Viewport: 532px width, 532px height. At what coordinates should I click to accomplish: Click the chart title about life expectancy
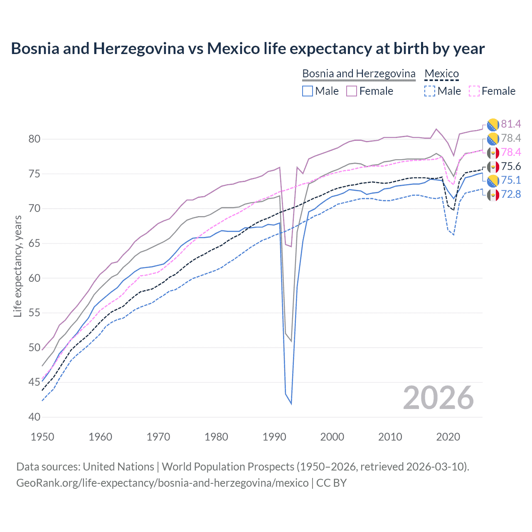(248, 49)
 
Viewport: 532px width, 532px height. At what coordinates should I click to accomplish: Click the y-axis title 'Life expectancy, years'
(17, 266)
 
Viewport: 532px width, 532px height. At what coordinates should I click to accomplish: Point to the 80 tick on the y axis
(34, 139)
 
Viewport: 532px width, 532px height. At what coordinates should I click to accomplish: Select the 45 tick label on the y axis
(34, 382)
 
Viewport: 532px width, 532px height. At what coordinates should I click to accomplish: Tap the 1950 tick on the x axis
(42, 437)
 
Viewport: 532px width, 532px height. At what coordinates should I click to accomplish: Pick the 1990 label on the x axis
(274, 437)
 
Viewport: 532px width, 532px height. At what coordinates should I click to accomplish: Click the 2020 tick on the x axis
(448, 437)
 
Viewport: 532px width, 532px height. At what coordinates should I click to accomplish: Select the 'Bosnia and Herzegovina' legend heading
(359, 74)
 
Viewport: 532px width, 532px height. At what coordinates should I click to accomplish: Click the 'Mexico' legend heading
(441, 74)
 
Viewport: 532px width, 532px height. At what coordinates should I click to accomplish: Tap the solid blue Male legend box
(308, 91)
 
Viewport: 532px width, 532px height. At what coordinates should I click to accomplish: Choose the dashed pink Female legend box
(474, 91)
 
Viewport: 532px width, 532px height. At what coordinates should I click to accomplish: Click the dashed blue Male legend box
(430, 91)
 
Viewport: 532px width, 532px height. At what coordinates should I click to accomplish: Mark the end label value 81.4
(511, 124)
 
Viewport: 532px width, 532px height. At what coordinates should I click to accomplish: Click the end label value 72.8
(511, 194)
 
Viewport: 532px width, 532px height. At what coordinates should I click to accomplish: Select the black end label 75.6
(511, 166)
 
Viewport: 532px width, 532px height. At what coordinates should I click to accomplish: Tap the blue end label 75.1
(511, 180)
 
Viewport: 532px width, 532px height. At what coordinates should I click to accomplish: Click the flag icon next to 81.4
(493, 124)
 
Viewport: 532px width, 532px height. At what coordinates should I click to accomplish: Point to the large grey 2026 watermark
(438, 398)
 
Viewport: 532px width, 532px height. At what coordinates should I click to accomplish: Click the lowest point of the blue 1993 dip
(291, 404)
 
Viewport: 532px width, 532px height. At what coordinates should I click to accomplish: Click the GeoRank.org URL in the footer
(162, 483)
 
